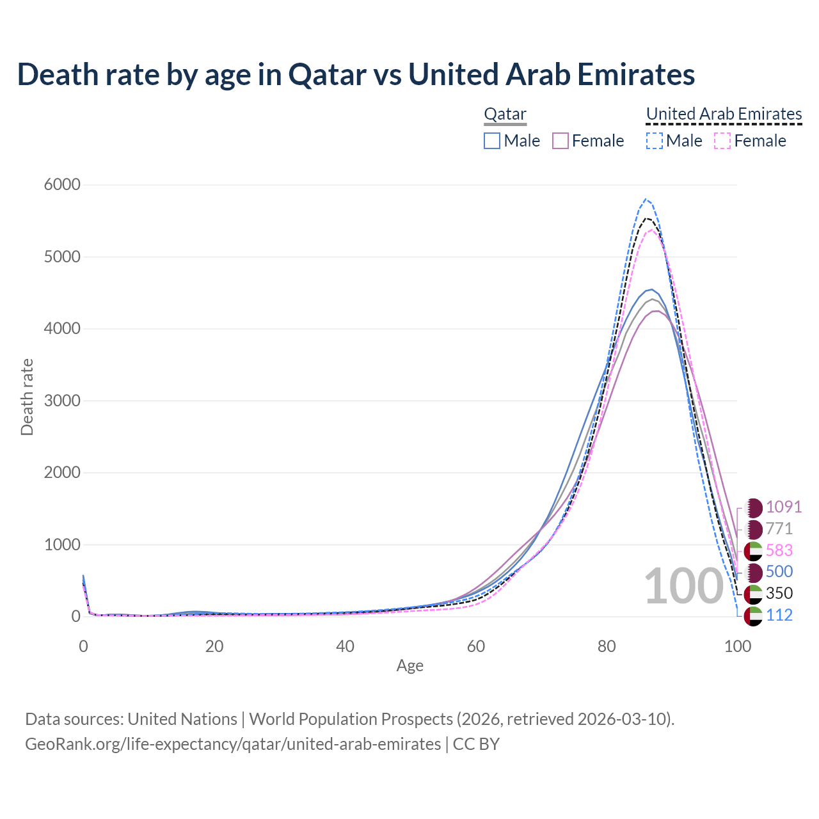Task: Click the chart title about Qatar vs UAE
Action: click(x=356, y=74)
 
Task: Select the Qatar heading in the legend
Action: click(x=505, y=114)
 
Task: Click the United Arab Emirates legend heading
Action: click(x=724, y=114)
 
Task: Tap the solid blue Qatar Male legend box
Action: click(x=492, y=141)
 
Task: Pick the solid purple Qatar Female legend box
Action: click(x=561, y=141)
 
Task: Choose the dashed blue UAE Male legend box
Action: click(x=654, y=141)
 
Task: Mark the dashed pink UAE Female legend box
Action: click(x=722, y=141)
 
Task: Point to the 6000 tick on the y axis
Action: click(x=62, y=185)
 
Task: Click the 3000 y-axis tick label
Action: click(x=62, y=401)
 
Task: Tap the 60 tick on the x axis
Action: click(x=476, y=646)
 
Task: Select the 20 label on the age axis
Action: click(x=214, y=646)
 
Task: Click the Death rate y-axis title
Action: click(x=27, y=397)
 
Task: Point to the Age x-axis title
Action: click(x=410, y=666)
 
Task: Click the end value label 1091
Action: click(x=784, y=507)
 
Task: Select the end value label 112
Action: click(x=779, y=616)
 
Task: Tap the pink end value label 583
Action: click(x=779, y=550)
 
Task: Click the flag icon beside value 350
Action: click(x=753, y=594)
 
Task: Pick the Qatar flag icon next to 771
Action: click(x=753, y=529)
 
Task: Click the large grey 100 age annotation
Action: click(x=683, y=586)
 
